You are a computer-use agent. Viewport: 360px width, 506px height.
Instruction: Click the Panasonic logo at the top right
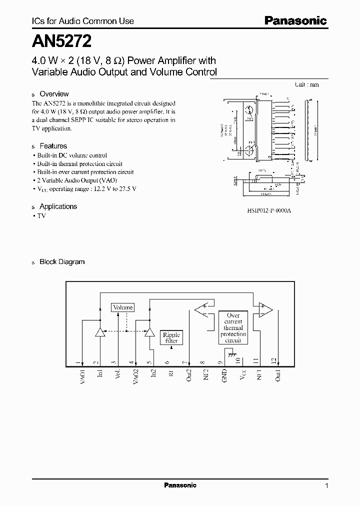[x=295, y=21]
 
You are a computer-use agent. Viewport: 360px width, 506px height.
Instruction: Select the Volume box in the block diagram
[x=122, y=307]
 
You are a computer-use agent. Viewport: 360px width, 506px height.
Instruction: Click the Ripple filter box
[x=171, y=337]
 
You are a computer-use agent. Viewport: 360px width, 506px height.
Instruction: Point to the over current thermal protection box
[x=233, y=328]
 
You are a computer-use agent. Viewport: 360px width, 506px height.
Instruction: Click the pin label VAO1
[x=83, y=376]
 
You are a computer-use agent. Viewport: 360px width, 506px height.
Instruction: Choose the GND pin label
[x=224, y=375]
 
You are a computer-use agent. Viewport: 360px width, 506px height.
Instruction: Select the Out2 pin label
[x=188, y=375]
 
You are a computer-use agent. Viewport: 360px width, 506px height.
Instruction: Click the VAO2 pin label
[x=136, y=376]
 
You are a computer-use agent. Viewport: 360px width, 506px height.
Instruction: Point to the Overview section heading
[x=54, y=94]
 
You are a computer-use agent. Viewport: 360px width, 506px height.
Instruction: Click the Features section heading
[x=53, y=146]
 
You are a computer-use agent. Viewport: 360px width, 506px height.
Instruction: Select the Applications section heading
[x=58, y=206]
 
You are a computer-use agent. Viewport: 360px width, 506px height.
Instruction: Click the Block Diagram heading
[x=62, y=261]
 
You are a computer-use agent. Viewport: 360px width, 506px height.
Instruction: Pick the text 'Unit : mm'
[x=306, y=84]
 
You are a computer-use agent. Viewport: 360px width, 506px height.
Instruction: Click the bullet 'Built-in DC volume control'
[x=72, y=155]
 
